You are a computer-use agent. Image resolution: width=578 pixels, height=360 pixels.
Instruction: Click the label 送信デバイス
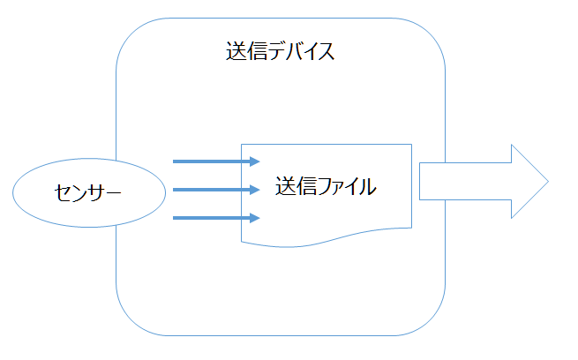pyautogui.click(x=281, y=50)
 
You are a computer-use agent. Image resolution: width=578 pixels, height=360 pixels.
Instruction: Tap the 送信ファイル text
pyautogui.click(x=326, y=187)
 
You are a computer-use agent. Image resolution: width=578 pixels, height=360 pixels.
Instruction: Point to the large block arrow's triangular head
pyautogui.click(x=528, y=182)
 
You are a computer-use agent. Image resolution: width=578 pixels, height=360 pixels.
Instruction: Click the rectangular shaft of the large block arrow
pyautogui.click(x=463, y=182)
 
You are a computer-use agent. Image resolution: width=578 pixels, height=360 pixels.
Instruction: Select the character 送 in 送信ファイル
pyautogui.click(x=285, y=187)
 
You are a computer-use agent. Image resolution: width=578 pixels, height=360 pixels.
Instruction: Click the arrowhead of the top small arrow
pyautogui.click(x=255, y=161)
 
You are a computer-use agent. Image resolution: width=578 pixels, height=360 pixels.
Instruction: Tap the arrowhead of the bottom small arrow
pyautogui.click(x=255, y=217)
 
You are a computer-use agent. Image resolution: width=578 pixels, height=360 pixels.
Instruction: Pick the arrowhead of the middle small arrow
pyautogui.click(x=255, y=190)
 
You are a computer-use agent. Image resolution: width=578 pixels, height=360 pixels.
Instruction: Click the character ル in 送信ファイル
pyautogui.click(x=367, y=187)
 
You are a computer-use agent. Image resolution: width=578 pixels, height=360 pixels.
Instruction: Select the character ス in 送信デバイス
pyautogui.click(x=325, y=50)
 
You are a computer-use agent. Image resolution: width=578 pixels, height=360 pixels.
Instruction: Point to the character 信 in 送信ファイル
pyautogui.click(x=305, y=187)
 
